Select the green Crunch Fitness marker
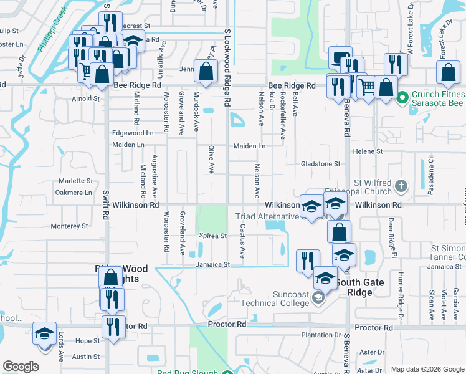402,98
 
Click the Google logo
21,367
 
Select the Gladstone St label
320,164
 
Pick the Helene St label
368,151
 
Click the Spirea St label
213,236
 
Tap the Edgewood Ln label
132,133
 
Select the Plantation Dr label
321,335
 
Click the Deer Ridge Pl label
392,237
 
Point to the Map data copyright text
427,369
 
